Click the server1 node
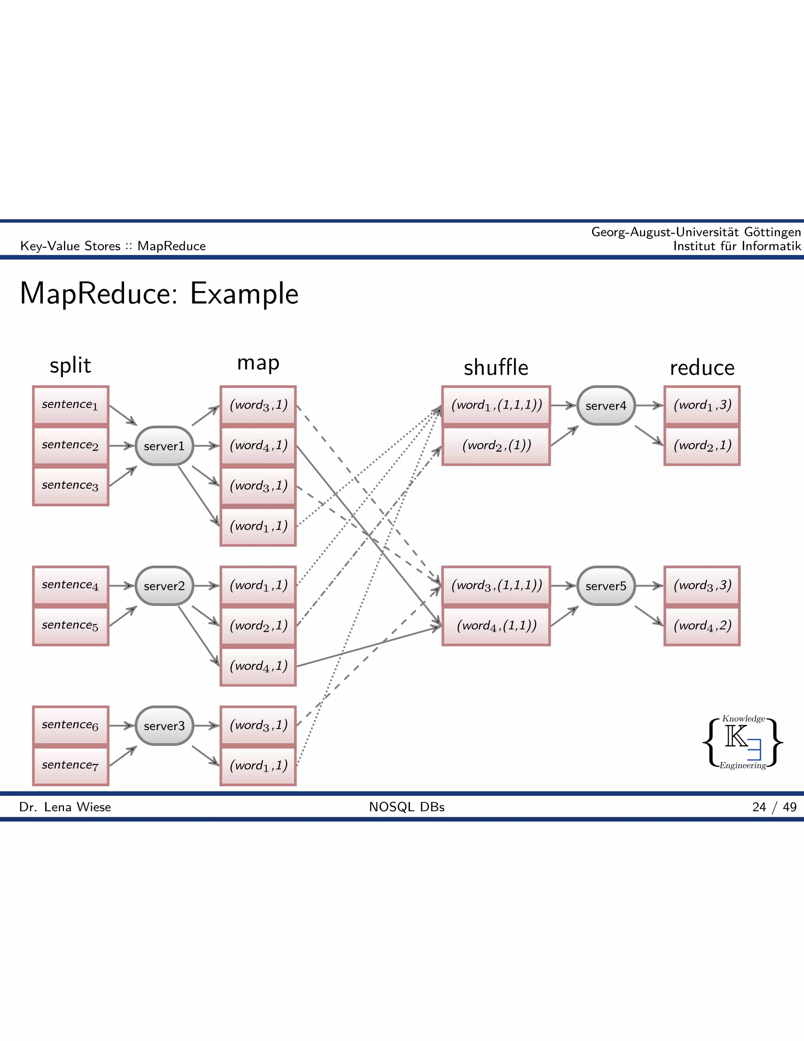click(x=164, y=446)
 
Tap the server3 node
click(x=164, y=726)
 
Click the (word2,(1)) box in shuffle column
click(x=496, y=446)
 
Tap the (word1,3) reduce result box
click(x=702, y=405)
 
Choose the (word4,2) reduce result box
click(x=702, y=625)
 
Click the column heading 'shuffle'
click(x=496, y=368)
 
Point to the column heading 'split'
click(x=71, y=366)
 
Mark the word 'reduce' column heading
click(x=702, y=368)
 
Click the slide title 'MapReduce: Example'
click(x=159, y=293)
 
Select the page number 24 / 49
click(x=774, y=807)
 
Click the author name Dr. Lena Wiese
click(x=65, y=807)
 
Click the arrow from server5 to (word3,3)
click(x=649, y=585)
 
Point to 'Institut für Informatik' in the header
click(x=736, y=246)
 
